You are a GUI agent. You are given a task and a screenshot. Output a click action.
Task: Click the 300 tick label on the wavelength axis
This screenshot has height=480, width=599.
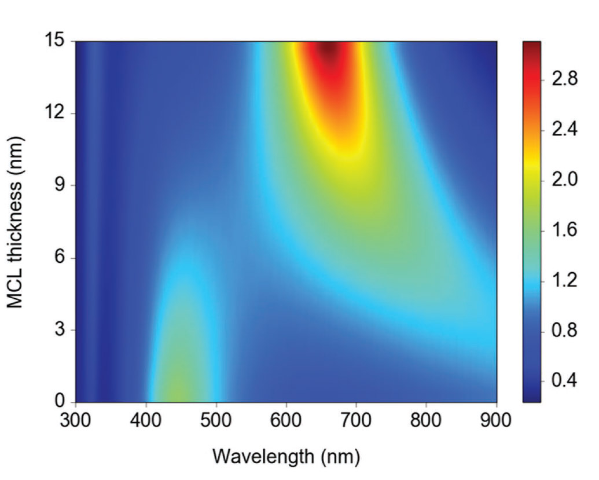pyautogui.click(x=76, y=420)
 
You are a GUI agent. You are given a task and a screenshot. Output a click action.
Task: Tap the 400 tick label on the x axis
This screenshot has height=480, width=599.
pyautogui.click(x=146, y=420)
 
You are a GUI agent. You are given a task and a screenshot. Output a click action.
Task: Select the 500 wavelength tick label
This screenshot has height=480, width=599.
pyautogui.click(x=216, y=420)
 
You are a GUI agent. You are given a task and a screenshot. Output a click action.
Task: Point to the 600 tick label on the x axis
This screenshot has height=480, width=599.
pyautogui.click(x=286, y=420)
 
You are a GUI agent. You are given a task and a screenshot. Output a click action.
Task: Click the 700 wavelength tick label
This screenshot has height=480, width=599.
pyautogui.click(x=356, y=420)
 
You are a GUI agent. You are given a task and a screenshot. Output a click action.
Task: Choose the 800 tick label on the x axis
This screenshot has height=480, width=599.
pyautogui.click(x=426, y=420)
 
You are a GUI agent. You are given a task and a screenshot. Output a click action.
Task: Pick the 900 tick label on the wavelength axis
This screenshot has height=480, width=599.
pyautogui.click(x=496, y=420)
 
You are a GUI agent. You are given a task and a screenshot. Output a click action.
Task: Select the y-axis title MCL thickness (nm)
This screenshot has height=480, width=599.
pyautogui.click(x=17, y=222)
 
